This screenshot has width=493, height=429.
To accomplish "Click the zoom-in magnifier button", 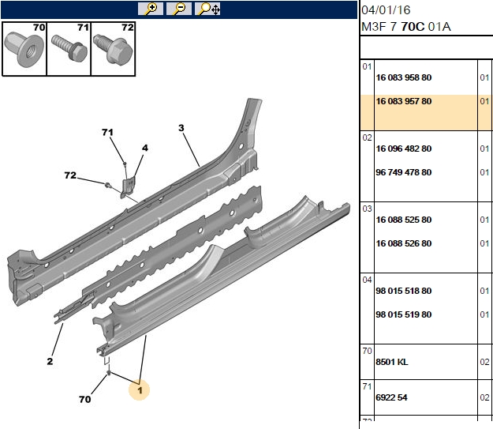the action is pyautogui.click(x=151, y=9).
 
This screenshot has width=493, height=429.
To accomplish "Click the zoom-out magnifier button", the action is pyautogui.click(x=179, y=9).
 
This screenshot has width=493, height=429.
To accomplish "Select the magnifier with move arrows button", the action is pyautogui.click(x=207, y=9).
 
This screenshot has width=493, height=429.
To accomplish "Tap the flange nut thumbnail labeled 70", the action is pyautogui.click(x=24, y=49).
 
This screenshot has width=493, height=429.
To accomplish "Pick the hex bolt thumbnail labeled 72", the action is pyautogui.click(x=113, y=49).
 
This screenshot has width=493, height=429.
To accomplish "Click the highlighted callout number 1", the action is pyautogui.click(x=140, y=390).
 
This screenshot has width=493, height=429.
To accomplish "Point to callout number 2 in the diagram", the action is pyautogui.click(x=50, y=361).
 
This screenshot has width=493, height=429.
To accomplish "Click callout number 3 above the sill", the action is pyautogui.click(x=181, y=128).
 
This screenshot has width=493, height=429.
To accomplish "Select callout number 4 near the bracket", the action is pyautogui.click(x=144, y=148).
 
